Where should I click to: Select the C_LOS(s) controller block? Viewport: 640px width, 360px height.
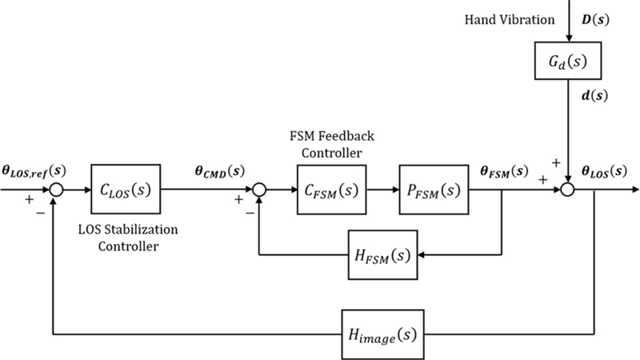click(126, 190)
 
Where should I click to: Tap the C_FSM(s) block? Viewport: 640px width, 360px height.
click(330, 190)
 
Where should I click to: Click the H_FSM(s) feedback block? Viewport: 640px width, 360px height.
click(382, 254)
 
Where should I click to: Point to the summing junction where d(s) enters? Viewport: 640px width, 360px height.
click(566, 190)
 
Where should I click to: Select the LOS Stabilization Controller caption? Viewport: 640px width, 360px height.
click(127, 238)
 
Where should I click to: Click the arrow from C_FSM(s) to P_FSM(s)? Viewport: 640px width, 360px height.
click(382, 190)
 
